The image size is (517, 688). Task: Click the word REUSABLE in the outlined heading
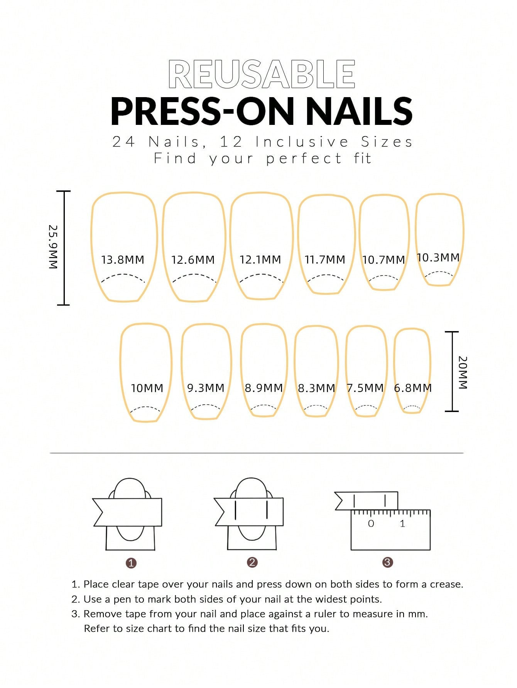[262, 74]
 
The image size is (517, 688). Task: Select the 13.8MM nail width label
[123, 260]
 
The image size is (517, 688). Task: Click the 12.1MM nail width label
[260, 260]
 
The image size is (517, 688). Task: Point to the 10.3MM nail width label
[438, 257]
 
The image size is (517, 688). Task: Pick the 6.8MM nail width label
[413, 388]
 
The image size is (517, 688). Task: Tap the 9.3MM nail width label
[206, 388]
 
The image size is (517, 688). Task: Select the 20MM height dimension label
[463, 372]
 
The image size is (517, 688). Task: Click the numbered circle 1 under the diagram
[131, 563]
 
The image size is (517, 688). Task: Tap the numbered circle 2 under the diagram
[252, 562]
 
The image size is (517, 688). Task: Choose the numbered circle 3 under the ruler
[387, 562]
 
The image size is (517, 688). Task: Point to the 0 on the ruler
[371, 523]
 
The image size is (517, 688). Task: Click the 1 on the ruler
[402, 523]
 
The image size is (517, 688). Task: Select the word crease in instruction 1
[446, 584]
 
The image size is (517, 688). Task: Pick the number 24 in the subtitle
[123, 142]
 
